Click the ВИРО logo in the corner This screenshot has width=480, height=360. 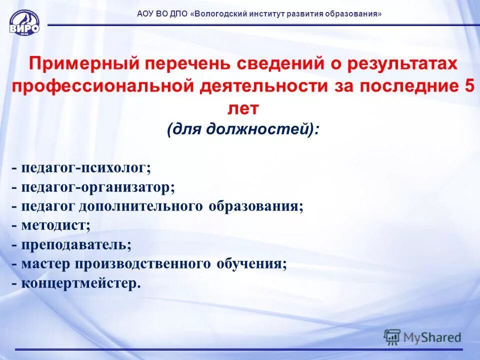[x=24, y=23]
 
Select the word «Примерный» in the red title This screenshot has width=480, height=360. [x=82, y=64]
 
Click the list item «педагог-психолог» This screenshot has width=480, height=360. [x=85, y=168]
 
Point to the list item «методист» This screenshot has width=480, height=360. [x=55, y=225]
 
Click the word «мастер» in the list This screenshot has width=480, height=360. [x=39, y=264]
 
